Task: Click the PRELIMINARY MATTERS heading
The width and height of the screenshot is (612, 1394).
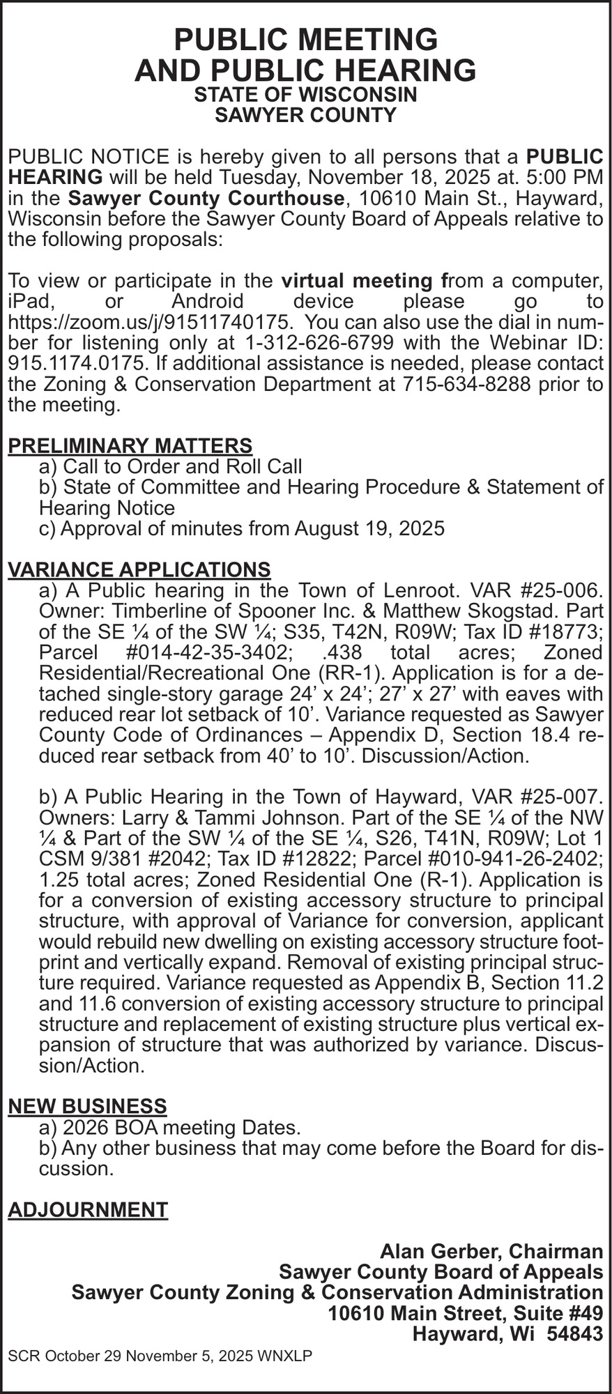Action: point(130,445)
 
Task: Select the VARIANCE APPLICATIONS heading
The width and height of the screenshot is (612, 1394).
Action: point(139,569)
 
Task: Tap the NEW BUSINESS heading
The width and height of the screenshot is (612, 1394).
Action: point(87,1105)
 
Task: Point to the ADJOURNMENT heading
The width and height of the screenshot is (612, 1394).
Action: point(88,1209)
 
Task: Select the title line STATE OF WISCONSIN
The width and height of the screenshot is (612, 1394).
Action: point(305,95)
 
